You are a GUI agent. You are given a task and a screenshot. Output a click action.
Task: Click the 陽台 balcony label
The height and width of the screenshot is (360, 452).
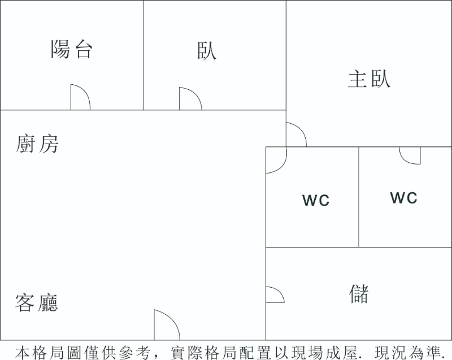click(x=72, y=50)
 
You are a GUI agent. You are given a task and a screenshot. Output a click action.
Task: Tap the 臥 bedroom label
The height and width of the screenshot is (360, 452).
click(x=207, y=50)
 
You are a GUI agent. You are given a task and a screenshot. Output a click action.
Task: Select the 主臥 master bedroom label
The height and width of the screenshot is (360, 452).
click(x=369, y=79)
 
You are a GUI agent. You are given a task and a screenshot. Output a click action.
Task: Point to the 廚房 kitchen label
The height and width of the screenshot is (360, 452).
click(x=37, y=144)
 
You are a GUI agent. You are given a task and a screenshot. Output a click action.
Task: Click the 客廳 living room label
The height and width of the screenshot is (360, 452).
click(x=37, y=303)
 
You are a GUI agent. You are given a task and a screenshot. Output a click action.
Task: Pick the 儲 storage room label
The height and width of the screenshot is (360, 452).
click(x=359, y=293)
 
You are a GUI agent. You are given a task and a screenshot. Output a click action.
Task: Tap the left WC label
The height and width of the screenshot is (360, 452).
click(x=316, y=200)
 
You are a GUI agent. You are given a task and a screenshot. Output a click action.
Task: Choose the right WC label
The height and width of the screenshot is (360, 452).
click(x=403, y=197)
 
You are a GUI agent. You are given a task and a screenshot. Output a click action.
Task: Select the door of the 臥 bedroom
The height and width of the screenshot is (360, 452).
click(x=190, y=99)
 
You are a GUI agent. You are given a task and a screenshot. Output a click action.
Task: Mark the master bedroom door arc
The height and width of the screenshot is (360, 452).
click(x=295, y=135)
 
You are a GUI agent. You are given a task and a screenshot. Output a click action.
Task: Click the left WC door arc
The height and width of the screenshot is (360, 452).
click(x=276, y=161)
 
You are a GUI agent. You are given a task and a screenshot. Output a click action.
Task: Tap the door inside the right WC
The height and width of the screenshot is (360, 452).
click(x=410, y=155)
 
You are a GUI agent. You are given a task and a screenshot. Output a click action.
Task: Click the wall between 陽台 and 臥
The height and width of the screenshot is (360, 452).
click(x=143, y=55)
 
